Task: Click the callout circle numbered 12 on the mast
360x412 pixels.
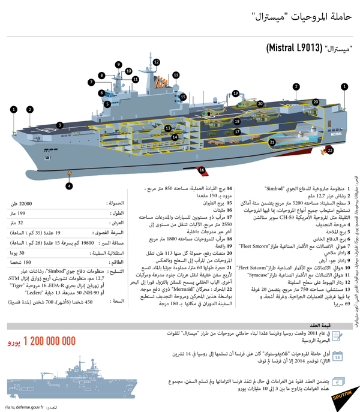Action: pos(156,62)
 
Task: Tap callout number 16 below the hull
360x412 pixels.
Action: pos(202,170)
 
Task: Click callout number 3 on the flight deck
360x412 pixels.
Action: pos(61,125)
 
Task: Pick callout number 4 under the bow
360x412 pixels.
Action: pos(70,186)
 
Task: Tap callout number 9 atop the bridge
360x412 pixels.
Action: pos(119,65)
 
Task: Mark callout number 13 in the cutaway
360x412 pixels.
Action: pos(169,128)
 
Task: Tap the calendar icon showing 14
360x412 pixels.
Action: pos(338,373)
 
